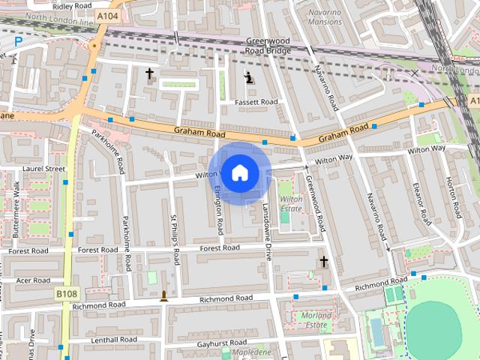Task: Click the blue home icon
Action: pyautogui.click(x=239, y=173)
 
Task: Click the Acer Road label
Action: pyautogui.click(x=33, y=280)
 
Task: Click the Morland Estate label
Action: pyautogui.click(x=316, y=320)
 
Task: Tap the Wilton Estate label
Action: pyautogui.click(x=290, y=204)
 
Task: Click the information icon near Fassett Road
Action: pyautogui.click(x=249, y=77)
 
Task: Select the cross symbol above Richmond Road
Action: pyautogui.click(x=324, y=262)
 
